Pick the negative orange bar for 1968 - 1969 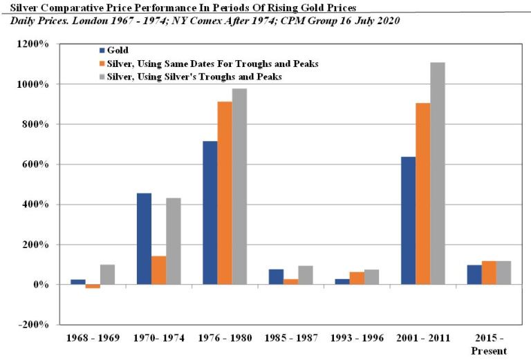point(93,286)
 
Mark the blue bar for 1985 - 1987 point(276,276)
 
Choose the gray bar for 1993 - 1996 point(371,277)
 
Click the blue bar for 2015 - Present point(474,275)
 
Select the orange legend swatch point(102,64)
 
